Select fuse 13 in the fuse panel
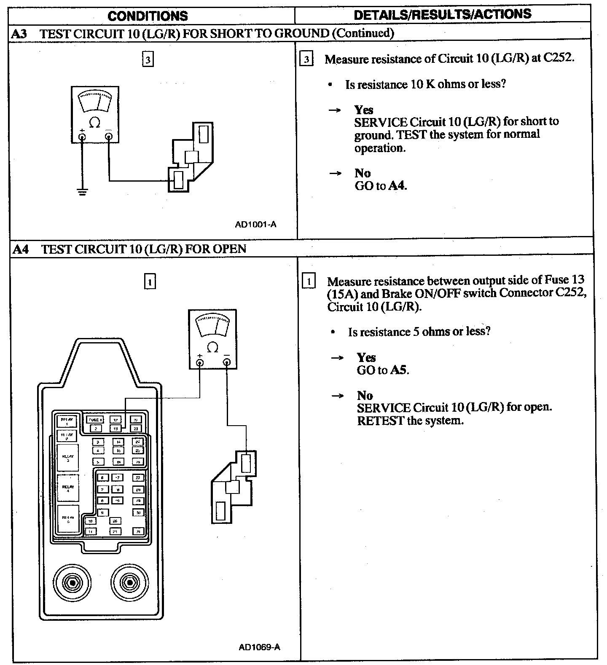click(115, 429)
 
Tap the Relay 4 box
click(67, 488)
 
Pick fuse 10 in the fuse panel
click(91, 521)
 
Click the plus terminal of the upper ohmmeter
click(82, 136)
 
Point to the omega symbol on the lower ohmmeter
click(213, 347)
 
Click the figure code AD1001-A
click(255, 224)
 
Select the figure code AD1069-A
click(259, 647)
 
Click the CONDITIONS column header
click(148, 16)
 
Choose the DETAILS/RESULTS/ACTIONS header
click(443, 15)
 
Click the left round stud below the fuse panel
click(73, 583)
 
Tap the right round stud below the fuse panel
click(129, 583)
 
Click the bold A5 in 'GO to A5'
click(399, 370)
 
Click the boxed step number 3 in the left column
click(148, 59)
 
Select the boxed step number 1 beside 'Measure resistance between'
click(309, 281)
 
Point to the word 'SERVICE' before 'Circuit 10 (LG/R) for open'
click(384, 408)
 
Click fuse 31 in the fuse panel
click(138, 531)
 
